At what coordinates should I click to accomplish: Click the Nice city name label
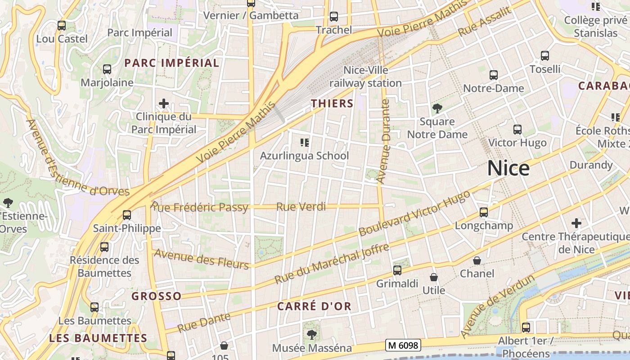pos(508,168)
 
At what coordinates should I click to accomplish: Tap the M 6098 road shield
pos(403,345)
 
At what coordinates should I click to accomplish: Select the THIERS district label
pos(332,103)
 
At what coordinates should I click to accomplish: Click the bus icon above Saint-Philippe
pos(127,215)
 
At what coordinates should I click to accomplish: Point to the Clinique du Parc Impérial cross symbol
pos(164,104)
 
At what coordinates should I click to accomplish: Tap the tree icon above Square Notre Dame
pos(437,108)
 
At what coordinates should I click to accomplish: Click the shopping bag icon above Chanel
pos(477,261)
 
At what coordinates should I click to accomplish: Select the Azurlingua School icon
pos(304,143)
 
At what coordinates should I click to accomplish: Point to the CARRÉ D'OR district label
pos(314,306)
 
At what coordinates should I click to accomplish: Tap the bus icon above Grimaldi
pos(397,270)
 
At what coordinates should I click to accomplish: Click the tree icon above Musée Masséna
pos(311,335)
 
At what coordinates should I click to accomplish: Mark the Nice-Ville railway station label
pos(365,76)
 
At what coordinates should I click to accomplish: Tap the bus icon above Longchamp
pos(484,212)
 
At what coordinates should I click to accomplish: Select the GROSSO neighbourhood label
pos(156,296)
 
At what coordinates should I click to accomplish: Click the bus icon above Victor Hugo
pos(517,130)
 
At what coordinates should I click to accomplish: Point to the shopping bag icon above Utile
pos(434,277)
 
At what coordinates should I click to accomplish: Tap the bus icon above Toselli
pos(545,56)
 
